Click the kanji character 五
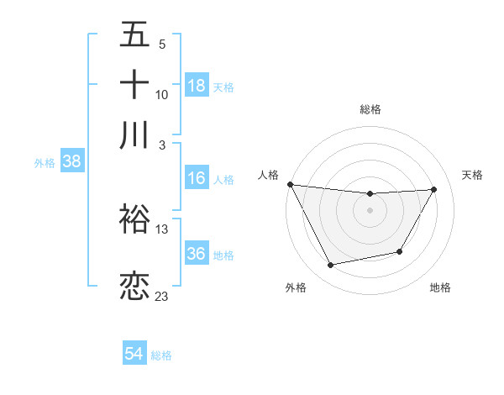point(134,35)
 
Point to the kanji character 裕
point(134,219)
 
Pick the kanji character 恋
point(134,286)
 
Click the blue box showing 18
point(197,86)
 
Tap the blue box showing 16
point(197,178)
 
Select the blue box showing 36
point(197,254)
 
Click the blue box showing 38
point(71,162)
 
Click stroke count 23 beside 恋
point(162,296)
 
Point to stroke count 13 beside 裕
point(162,229)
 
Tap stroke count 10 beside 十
point(162,94)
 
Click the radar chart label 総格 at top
point(370,109)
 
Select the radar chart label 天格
point(473,175)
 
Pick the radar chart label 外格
point(296,287)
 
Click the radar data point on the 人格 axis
point(290,184)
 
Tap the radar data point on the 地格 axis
point(400,251)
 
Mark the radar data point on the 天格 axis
point(433,189)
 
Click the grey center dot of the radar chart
point(370,210)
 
